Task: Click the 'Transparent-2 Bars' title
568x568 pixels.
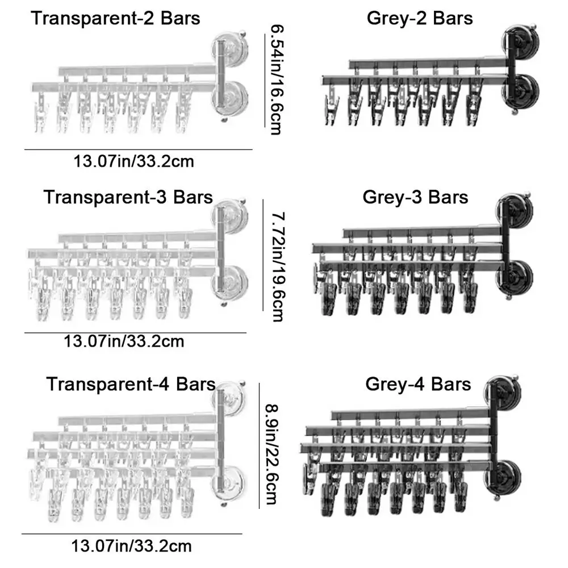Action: (x=115, y=18)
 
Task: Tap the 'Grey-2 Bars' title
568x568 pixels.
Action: (x=420, y=18)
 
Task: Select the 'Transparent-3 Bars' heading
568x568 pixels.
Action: (x=128, y=198)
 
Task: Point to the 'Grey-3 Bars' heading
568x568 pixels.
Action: (x=415, y=197)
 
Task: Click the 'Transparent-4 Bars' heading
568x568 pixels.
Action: (x=131, y=384)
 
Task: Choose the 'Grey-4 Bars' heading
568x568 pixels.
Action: (x=418, y=384)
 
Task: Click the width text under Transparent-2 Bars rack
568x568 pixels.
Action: (x=134, y=161)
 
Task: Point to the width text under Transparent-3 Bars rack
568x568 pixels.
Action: (x=124, y=341)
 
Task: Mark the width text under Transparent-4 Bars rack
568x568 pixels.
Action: (x=131, y=547)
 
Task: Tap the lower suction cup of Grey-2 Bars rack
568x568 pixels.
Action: (x=520, y=90)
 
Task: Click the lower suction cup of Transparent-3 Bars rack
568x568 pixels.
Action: (x=229, y=282)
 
